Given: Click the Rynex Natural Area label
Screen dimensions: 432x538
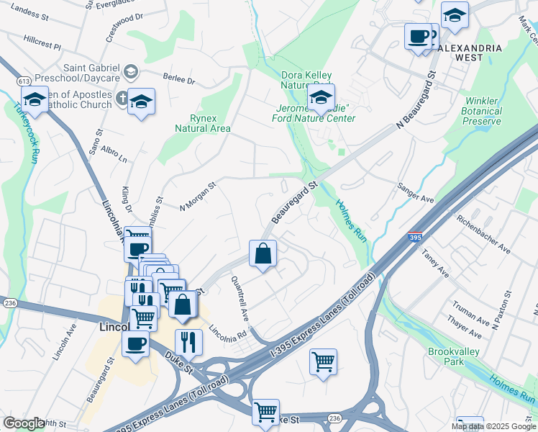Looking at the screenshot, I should pyautogui.click(x=203, y=123).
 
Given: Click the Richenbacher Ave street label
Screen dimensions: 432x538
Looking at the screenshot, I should pyautogui.click(x=488, y=235).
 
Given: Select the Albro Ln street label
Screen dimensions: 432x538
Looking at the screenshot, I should pyautogui.click(x=114, y=153).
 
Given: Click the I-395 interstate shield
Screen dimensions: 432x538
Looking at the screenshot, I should pyautogui.click(x=414, y=237).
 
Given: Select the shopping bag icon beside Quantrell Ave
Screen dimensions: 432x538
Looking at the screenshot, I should pyautogui.click(x=263, y=253).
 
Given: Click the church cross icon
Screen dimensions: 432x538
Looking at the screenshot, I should pyautogui.click(x=122, y=97).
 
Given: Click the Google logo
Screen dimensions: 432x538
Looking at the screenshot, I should pyautogui.click(x=24, y=423).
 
